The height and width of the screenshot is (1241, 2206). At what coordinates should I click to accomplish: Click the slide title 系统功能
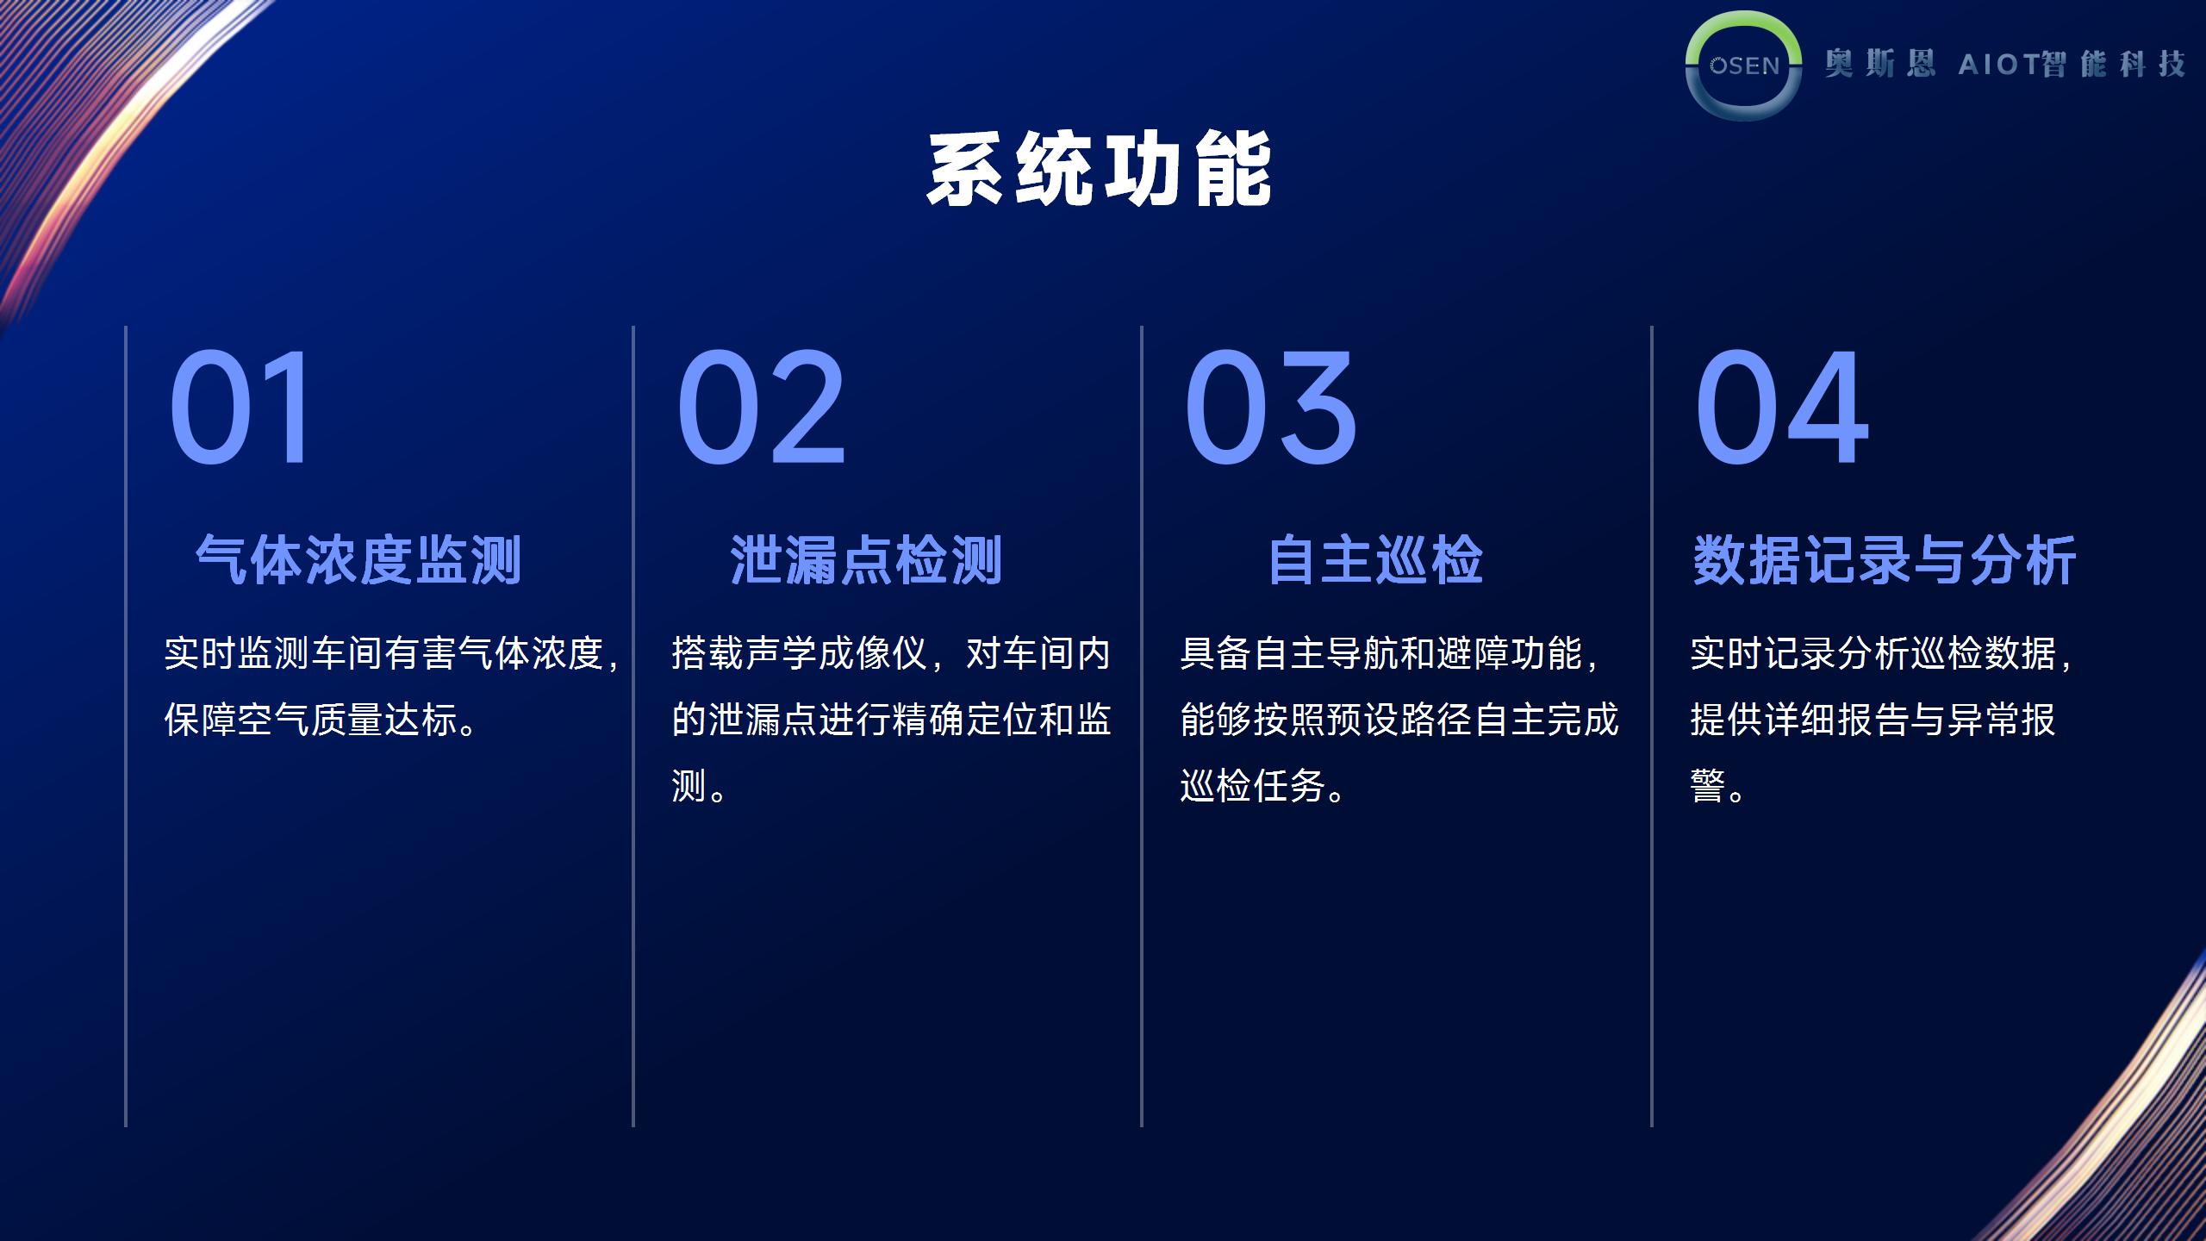pos(1100,169)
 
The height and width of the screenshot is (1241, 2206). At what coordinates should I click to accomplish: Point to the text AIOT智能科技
pos(2072,64)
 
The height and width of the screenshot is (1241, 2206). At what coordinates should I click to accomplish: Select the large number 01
pos(239,407)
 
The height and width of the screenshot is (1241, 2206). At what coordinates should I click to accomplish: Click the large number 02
pos(761,407)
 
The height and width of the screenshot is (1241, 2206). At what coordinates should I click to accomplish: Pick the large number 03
pos(1271,407)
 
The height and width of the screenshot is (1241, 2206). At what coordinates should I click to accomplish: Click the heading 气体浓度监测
pos(358,560)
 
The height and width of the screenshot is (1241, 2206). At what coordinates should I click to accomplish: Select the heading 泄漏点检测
pos(866,560)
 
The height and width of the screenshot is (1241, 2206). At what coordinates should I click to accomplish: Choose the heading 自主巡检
pos(1375,560)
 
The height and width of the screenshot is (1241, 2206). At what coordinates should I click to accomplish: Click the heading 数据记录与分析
pos(1885,560)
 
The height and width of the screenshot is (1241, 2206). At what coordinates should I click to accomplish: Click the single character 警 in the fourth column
pos(1708,786)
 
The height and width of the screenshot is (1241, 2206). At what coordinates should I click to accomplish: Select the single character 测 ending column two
pos(689,786)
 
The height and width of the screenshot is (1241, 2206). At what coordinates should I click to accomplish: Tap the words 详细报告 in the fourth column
pos(1836,720)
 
